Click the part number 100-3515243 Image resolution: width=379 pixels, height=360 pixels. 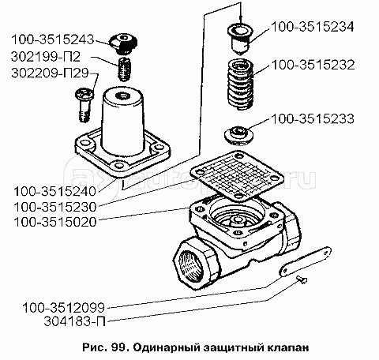52,39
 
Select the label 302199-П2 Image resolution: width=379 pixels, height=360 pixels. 46,57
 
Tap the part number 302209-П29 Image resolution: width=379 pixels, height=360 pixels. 50,73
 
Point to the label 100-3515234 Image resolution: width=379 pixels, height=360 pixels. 313,27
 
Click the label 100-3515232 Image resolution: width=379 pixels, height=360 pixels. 313,65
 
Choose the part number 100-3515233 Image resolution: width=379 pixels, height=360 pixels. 313,118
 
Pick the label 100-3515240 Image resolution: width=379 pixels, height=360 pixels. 55,191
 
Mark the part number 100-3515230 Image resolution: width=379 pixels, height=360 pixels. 55,207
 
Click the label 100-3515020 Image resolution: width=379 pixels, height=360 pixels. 55,222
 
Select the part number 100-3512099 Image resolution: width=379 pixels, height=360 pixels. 64,308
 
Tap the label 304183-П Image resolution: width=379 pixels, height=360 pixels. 75,321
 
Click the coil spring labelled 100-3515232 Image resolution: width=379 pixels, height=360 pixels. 240,84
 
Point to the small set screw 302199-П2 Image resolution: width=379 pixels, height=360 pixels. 123,69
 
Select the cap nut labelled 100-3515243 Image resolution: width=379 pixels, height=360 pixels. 123,43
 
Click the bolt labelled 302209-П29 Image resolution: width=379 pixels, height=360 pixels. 84,104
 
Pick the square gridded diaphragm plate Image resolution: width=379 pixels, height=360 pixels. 237,174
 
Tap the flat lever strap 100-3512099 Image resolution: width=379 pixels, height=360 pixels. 305,261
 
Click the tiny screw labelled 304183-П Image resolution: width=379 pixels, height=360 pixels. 302,279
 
